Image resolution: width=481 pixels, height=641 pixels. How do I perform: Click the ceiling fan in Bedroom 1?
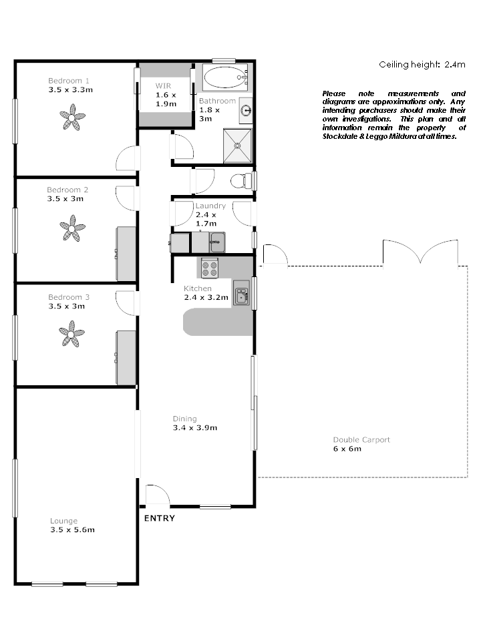pyautogui.click(x=71, y=120)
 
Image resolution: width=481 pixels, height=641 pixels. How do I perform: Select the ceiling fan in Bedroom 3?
pyautogui.click(x=71, y=333)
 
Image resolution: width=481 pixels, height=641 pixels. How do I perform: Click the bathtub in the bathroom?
pyautogui.click(x=225, y=78)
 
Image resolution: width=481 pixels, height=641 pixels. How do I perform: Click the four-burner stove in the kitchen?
pyautogui.click(x=210, y=268)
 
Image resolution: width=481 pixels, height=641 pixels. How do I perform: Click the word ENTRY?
pyautogui.click(x=159, y=518)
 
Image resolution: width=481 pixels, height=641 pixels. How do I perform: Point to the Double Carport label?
pyautogui.click(x=361, y=439)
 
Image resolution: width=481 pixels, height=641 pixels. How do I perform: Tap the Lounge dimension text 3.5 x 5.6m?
pyautogui.click(x=72, y=530)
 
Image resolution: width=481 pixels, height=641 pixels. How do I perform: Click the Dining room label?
pyautogui.click(x=184, y=419)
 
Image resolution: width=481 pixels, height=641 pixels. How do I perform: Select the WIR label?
pyautogui.click(x=164, y=85)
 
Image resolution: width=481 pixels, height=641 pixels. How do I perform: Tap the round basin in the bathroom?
pyautogui.click(x=245, y=110)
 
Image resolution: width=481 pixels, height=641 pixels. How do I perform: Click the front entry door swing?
pyautogui.click(x=158, y=495)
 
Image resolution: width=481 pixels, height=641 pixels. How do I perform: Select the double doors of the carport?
pyautogui.click(x=420, y=253)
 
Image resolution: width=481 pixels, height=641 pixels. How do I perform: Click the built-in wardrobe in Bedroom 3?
pyautogui.click(x=126, y=357)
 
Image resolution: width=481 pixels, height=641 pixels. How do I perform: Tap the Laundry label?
pyautogui.click(x=210, y=206)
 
